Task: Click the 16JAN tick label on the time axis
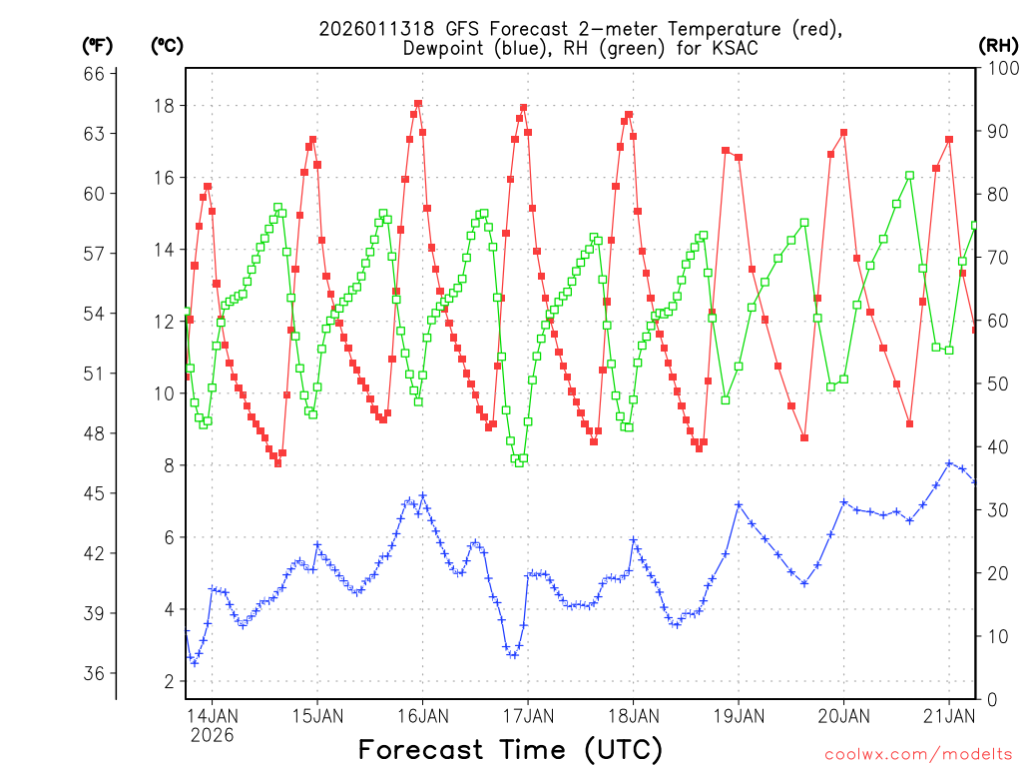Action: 422,715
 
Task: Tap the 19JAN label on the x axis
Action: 738,715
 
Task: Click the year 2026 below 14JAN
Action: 212,735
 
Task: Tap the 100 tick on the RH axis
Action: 1000,69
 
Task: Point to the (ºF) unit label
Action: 97,45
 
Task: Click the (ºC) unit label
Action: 168,45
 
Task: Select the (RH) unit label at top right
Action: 998,45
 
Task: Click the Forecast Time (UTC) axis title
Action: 510,749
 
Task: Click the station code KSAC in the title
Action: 722,48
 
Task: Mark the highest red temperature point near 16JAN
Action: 418,103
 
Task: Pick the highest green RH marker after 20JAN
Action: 909,176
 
